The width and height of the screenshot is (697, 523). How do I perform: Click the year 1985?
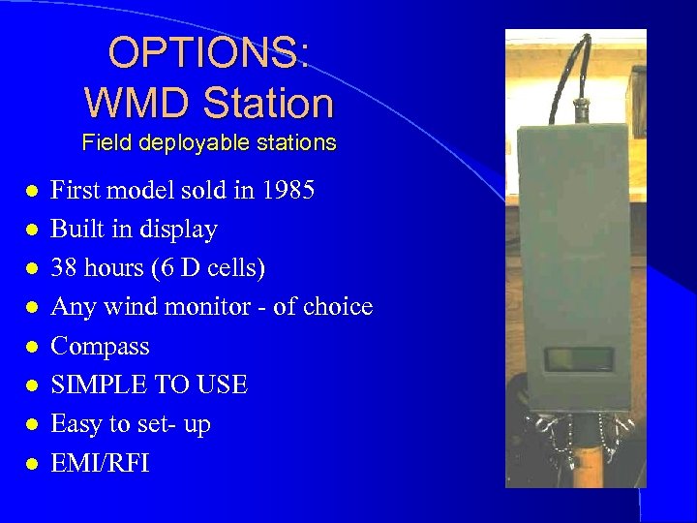pyautogui.click(x=288, y=191)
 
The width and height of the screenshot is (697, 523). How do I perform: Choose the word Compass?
pyautogui.click(x=100, y=346)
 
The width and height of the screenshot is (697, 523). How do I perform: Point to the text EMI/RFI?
pyautogui.click(x=100, y=463)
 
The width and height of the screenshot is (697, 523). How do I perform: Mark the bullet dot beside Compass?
pyautogui.click(x=32, y=347)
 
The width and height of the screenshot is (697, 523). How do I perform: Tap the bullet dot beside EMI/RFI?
pyautogui.click(x=32, y=464)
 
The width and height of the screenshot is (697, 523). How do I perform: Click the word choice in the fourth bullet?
pyautogui.click(x=338, y=307)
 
